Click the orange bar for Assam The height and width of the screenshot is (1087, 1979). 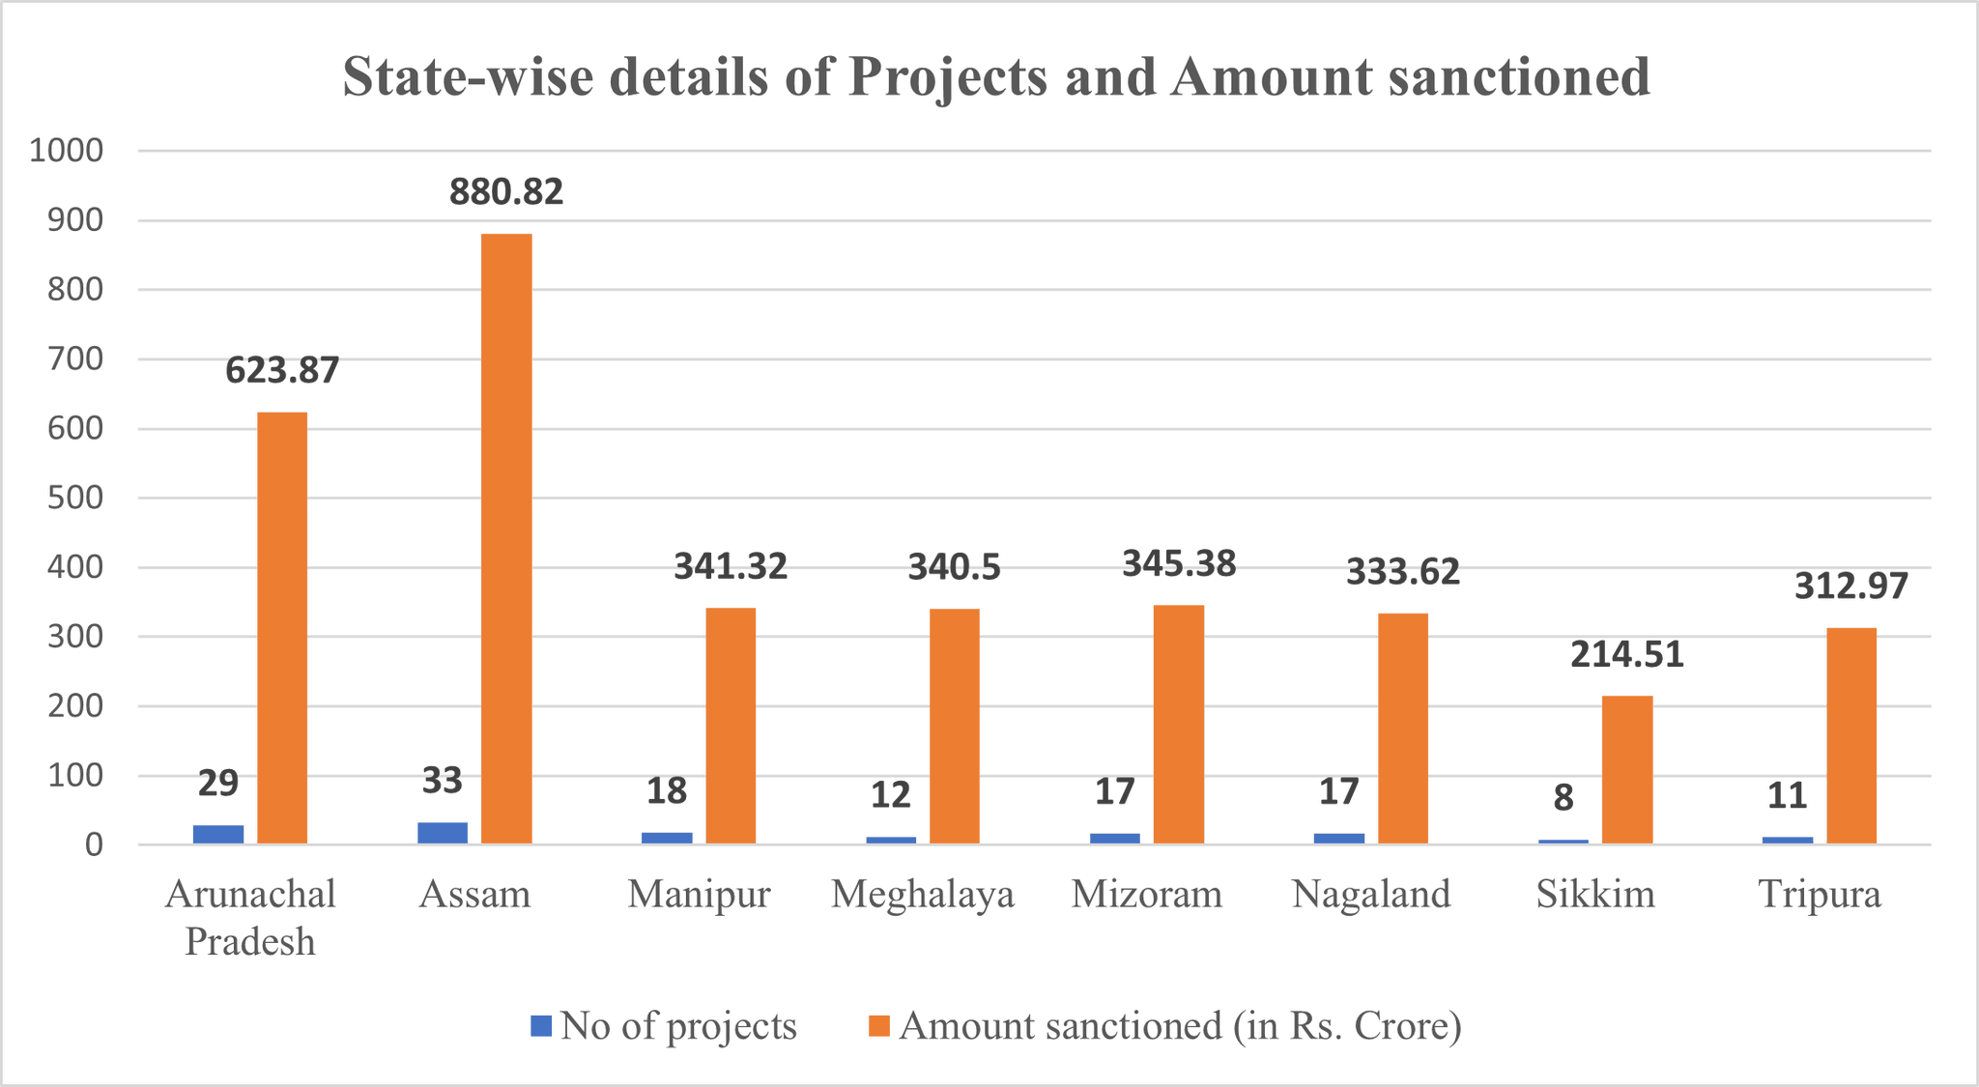pos(506,539)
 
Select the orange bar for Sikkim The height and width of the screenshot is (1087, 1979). pos(1627,770)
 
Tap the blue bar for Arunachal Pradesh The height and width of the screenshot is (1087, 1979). pos(218,835)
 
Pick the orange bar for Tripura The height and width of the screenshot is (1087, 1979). pos(1851,736)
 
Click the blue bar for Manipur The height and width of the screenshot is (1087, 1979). pos(667,839)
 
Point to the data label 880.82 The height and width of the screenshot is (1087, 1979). pos(506,192)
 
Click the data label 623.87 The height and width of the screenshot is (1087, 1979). pos(282,371)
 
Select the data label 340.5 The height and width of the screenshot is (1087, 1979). pos(954,567)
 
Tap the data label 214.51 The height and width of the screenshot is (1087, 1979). pos(1627,655)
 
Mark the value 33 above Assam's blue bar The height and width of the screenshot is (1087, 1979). pos(443,781)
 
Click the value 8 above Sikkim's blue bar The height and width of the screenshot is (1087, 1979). pos(1563,798)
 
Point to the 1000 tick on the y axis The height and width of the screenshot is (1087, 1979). pos(67,151)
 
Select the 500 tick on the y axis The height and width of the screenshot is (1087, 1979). pos(76,499)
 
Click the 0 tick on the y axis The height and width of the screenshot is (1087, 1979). pos(94,845)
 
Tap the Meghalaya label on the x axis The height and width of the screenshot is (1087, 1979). pos(923,894)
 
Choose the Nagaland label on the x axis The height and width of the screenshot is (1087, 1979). pos(1371,894)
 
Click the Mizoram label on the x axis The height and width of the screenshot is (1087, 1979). pos(1147,894)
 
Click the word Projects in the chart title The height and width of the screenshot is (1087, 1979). pos(948,78)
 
